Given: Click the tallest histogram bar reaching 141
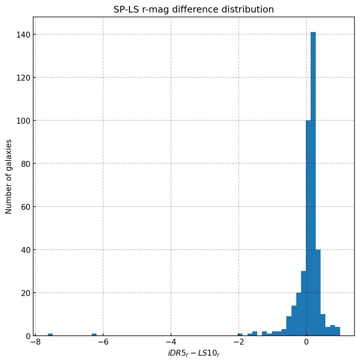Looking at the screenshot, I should coord(313,184).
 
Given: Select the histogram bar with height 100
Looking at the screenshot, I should coord(308,228).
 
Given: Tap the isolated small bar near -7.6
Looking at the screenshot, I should coord(50,334).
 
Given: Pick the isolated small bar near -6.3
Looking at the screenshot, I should coord(94,334).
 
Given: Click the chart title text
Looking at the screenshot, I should coord(193,10).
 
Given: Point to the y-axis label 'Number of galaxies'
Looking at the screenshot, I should coord(8,176).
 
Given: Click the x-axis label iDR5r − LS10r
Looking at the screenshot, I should coord(193,354).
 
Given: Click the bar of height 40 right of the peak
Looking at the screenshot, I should coord(318,293).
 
